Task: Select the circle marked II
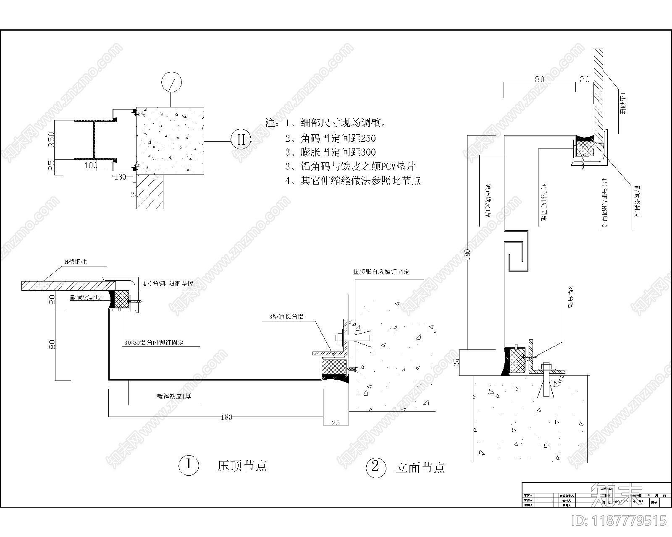click(x=241, y=139)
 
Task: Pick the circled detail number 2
click(x=375, y=467)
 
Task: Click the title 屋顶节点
click(x=242, y=465)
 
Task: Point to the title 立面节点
click(x=420, y=467)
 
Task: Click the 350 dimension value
click(x=51, y=140)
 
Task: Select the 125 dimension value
click(x=51, y=167)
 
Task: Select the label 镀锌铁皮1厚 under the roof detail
click(x=173, y=396)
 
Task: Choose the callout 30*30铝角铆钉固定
click(x=154, y=342)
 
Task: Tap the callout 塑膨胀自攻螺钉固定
click(x=381, y=271)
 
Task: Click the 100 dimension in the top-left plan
click(x=91, y=166)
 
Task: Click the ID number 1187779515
click(x=619, y=521)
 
